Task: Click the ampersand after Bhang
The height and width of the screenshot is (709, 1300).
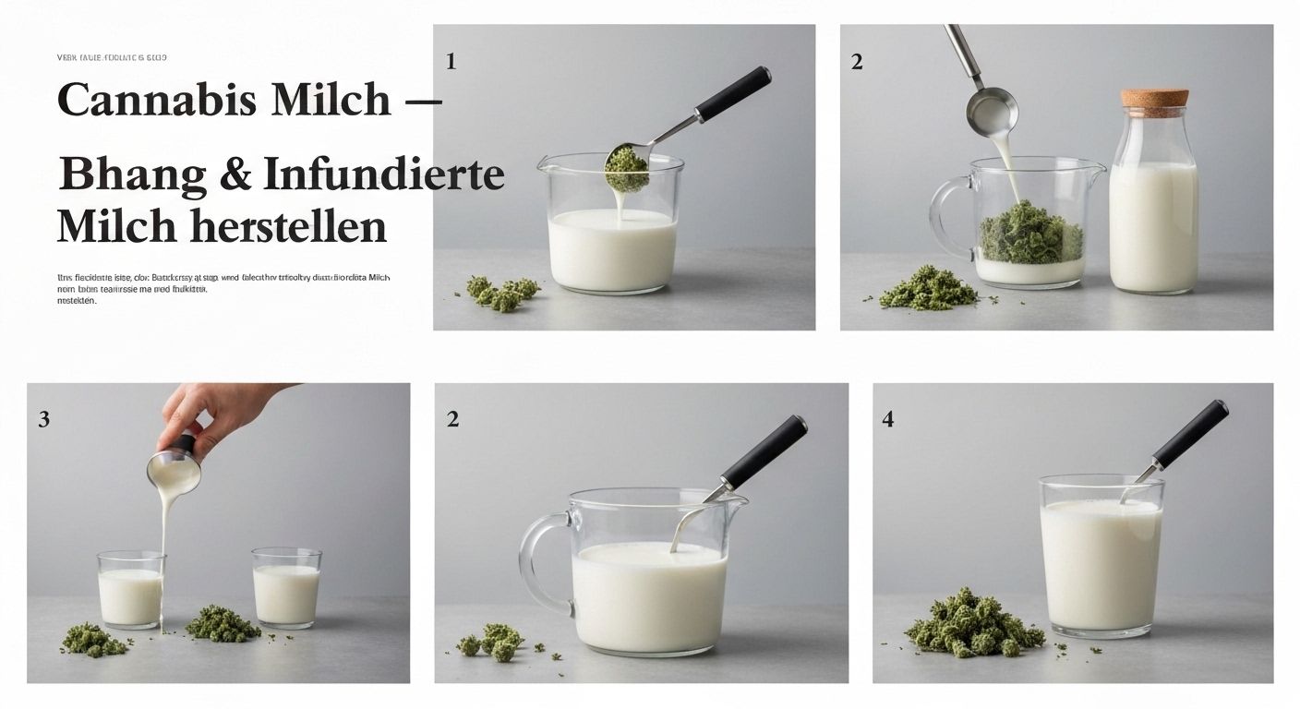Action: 236,175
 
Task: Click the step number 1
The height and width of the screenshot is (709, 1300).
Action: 451,62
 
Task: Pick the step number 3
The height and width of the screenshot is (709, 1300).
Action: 43,419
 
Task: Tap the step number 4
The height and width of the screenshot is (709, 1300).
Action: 887,419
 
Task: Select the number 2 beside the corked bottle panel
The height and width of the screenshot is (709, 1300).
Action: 857,62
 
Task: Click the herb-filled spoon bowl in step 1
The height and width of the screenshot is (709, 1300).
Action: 625,165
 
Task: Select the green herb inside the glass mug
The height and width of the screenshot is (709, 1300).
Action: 1029,236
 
